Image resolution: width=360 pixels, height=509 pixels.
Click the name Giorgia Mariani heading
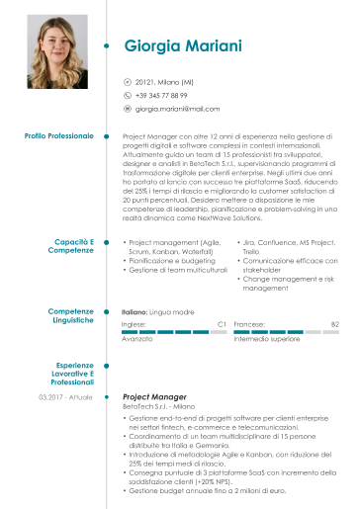(183, 45)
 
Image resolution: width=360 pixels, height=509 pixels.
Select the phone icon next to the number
(127, 95)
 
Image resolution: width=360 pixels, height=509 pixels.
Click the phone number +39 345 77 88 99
(161, 95)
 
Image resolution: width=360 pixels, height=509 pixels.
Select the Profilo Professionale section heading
(58, 134)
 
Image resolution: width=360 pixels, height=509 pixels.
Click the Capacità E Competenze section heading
(74, 246)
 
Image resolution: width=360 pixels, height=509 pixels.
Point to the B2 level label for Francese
(334, 323)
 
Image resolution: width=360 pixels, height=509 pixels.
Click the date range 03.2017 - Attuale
(65, 396)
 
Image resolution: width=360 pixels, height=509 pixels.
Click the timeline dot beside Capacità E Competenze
(106, 246)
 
